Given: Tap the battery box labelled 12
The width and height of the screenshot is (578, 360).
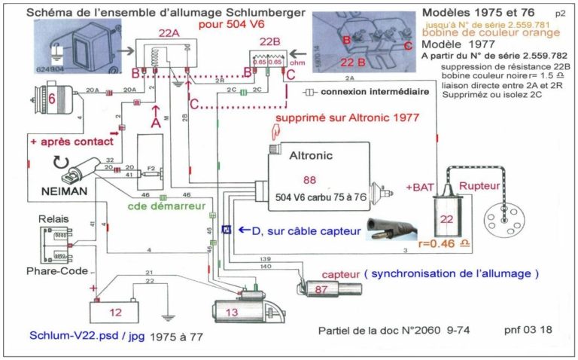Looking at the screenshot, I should click(116, 310).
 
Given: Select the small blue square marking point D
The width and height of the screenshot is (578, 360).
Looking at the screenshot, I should click(227, 228).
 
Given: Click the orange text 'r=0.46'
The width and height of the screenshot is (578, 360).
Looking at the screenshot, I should click(449, 243).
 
